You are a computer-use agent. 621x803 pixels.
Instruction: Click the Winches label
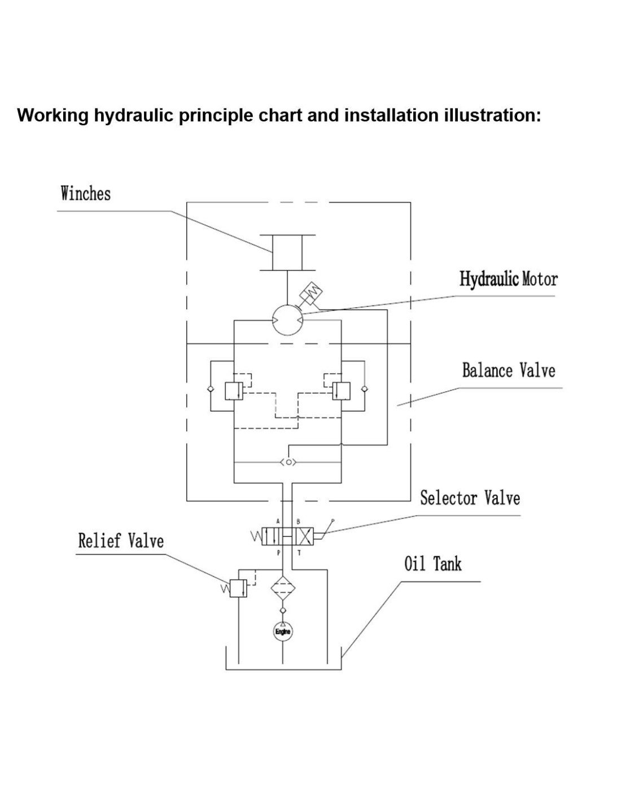pyautogui.click(x=86, y=194)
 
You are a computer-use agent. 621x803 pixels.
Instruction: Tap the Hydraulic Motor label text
pyautogui.click(x=508, y=280)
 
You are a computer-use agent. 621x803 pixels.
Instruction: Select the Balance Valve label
pyautogui.click(x=508, y=370)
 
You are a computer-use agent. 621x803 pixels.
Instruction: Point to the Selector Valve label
pyautogui.click(x=470, y=498)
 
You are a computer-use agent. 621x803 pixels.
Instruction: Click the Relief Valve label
pyautogui.click(x=121, y=540)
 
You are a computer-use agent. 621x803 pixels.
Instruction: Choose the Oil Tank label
pyautogui.click(x=432, y=564)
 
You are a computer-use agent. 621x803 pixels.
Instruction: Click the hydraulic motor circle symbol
pyautogui.click(x=287, y=320)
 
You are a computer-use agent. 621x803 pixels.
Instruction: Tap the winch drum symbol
pyautogui.click(x=287, y=252)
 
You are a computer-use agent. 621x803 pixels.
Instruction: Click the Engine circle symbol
pyautogui.click(x=282, y=631)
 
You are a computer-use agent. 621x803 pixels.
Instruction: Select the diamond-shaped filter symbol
pyautogui.click(x=282, y=588)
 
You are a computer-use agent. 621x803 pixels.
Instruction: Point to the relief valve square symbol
pyautogui.click(x=238, y=589)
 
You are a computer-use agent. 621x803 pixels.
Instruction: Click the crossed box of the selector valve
pyautogui.click(x=305, y=536)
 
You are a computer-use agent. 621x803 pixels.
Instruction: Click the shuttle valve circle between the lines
pyautogui.click(x=288, y=462)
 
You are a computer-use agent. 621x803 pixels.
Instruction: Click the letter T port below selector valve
pyautogui.click(x=299, y=553)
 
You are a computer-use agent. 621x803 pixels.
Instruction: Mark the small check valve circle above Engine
pyautogui.click(x=282, y=610)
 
